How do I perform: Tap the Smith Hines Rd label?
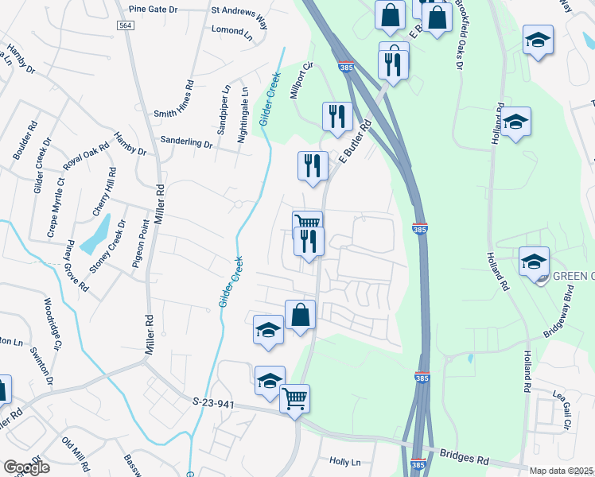click(174, 99)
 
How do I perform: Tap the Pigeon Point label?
click(135, 246)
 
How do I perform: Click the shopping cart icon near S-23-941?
click(294, 397)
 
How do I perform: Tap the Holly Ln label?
click(344, 461)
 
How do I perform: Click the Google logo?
click(26, 467)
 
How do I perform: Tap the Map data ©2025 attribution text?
click(561, 471)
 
